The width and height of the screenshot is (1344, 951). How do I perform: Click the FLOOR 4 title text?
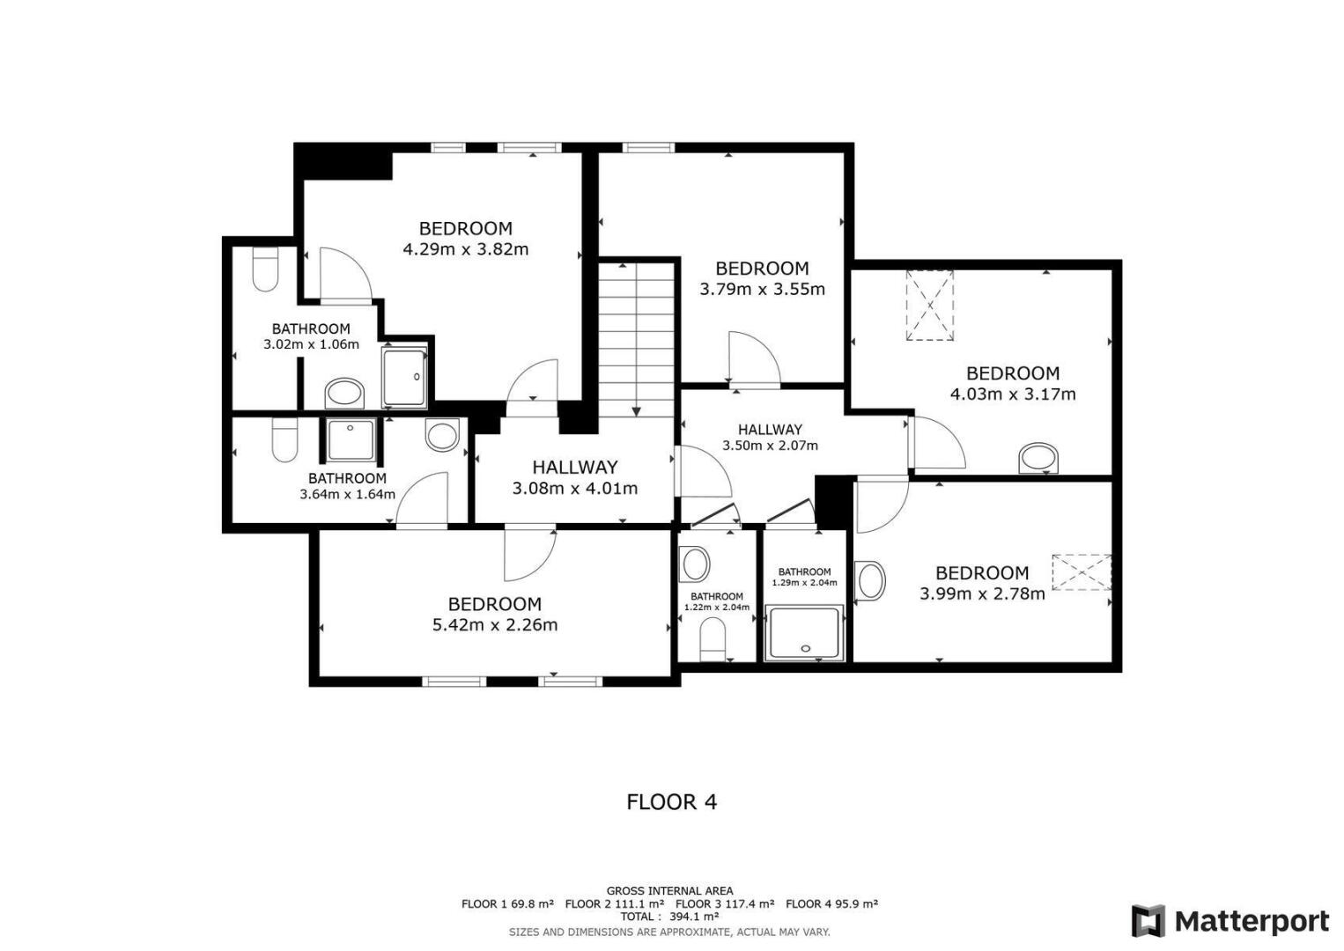(x=671, y=802)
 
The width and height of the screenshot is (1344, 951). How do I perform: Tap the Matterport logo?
(x=1230, y=920)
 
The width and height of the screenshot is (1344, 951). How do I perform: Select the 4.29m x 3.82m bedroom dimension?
(x=466, y=249)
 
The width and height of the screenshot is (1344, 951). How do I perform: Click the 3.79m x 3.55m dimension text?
(x=762, y=289)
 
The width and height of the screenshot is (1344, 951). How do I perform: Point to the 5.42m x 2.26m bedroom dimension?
(x=495, y=625)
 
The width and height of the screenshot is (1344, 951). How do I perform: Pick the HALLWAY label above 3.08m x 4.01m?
(x=575, y=467)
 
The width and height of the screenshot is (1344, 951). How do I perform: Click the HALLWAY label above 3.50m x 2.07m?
(x=770, y=430)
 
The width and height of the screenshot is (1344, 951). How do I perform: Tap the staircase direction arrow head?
(x=636, y=411)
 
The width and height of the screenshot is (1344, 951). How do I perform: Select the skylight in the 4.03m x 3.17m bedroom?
(x=929, y=306)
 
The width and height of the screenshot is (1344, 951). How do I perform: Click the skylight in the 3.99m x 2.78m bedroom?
(x=1082, y=572)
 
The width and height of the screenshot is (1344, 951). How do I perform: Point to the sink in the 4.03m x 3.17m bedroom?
(x=1038, y=459)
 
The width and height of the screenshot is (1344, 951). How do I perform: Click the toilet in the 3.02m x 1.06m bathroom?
(x=264, y=269)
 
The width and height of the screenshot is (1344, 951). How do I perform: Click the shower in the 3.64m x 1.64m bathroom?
(x=351, y=441)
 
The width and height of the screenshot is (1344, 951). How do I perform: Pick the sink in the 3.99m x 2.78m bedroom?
(x=869, y=581)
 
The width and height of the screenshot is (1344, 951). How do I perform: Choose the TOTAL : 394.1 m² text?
(x=669, y=916)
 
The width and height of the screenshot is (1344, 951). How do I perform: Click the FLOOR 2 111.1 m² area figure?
(x=615, y=903)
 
